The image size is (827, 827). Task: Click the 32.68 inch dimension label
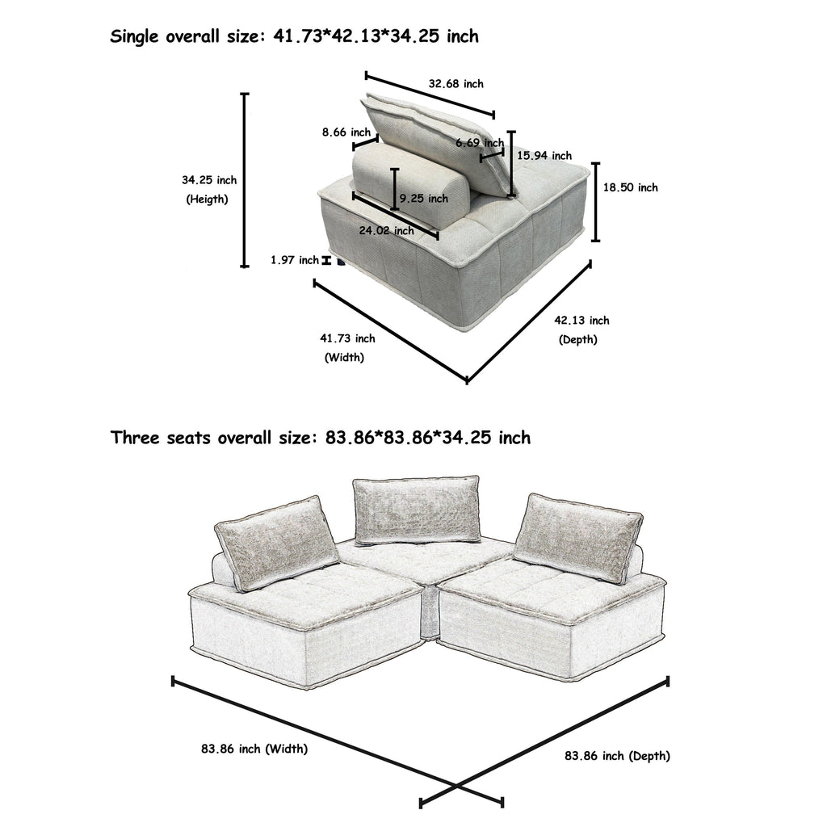(x=455, y=84)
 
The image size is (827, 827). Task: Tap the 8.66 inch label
(x=346, y=132)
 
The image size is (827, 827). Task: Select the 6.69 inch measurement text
(x=479, y=143)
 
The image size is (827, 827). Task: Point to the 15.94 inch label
(x=544, y=156)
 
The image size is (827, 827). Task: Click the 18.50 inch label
(x=631, y=187)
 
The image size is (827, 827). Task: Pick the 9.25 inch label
(x=423, y=198)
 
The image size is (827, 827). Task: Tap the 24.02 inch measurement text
(x=386, y=231)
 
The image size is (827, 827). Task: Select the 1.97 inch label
(x=295, y=260)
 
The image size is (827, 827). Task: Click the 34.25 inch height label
(x=209, y=180)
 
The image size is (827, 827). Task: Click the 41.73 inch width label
(x=348, y=338)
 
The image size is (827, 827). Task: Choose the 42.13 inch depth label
(x=581, y=321)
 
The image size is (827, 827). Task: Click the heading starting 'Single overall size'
(x=294, y=36)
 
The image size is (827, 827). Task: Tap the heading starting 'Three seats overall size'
(x=321, y=438)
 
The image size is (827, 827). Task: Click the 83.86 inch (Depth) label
(x=617, y=757)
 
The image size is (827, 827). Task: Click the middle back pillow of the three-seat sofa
(x=416, y=510)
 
